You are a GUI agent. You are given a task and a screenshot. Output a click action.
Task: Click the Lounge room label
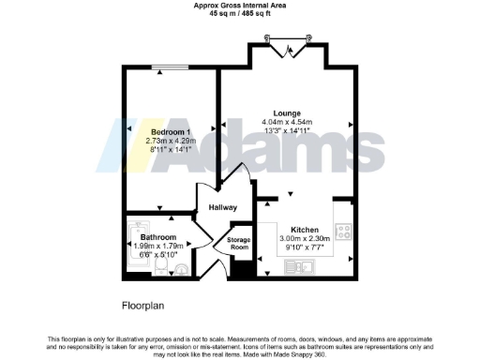click(287, 112)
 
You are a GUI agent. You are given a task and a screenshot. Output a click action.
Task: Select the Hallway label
click(222, 207)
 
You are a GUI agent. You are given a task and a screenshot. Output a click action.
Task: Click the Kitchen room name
click(305, 230)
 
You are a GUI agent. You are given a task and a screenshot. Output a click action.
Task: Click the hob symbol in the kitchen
click(344, 232)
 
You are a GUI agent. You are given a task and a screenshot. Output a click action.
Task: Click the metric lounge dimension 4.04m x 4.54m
click(287, 122)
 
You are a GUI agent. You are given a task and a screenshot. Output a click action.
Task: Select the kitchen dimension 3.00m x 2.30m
click(305, 239)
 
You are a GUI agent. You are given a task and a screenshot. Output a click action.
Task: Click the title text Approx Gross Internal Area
click(239, 5)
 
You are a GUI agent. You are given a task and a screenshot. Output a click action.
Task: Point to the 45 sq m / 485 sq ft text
click(239, 13)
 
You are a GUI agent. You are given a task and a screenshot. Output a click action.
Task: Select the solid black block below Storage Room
click(240, 269)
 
